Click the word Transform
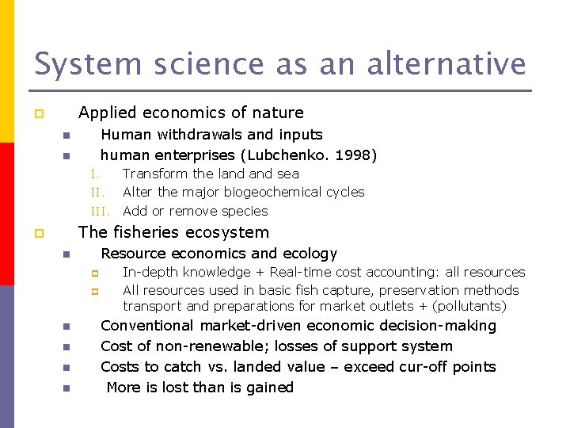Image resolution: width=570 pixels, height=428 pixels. [x=155, y=174]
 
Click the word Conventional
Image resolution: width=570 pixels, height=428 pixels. [x=147, y=326]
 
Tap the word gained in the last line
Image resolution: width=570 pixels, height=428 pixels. [x=269, y=388]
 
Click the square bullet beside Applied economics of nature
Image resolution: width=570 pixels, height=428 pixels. [x=37, y=114]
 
